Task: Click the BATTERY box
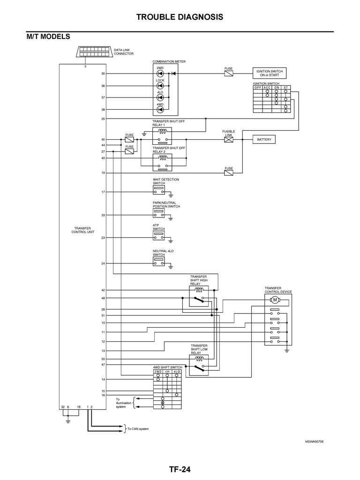coord(264,140)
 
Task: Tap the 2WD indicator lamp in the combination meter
coord(160,74)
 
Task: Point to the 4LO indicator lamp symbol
coord(160,97)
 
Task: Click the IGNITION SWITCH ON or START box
coord(270,73)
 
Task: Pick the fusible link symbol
coord(229,140)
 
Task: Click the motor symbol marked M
coord(275,300)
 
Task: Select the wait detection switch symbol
coord(159,190)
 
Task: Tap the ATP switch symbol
coord(159,236)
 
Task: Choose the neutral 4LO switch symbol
coord(159,262)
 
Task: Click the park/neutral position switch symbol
coord(159,213)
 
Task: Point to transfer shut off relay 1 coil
coord(162,131)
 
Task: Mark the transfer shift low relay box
coord(199,365)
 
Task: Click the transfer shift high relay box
coord(199,296)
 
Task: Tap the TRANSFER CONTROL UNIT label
coord(82,230)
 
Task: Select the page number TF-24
coord(180,469)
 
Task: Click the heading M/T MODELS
coord(48,37)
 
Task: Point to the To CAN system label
coord(138,429)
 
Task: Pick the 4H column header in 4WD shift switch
coord(167,371)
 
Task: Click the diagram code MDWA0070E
coord(315,442)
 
